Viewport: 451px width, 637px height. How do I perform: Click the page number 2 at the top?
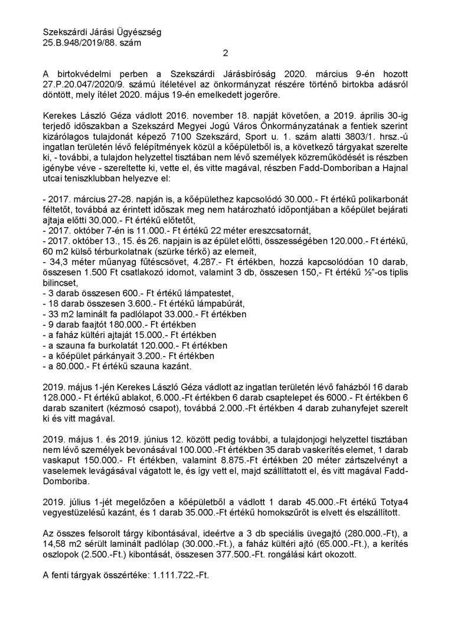(x=225, y=54)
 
